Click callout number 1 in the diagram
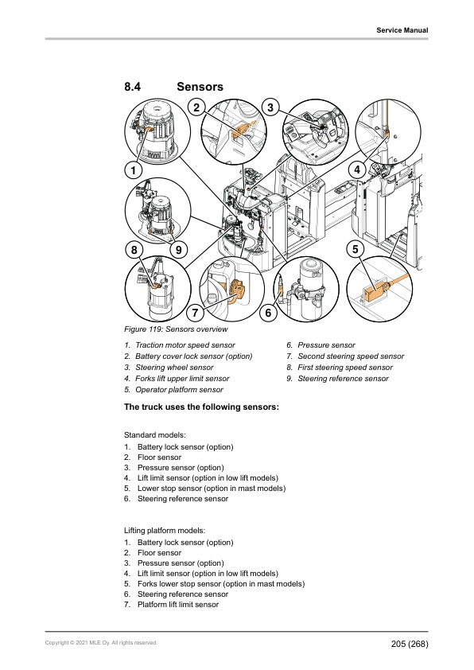tap(133, 169)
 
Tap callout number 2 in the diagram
tap(196, 107)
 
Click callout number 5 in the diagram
tap(355, 249)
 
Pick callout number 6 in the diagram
tap(268, 314)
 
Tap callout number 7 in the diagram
tap(194, 314)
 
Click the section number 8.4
tap(133, 86)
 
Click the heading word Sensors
tap(200, 86)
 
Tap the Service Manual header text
tap(402, 30)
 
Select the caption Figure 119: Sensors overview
tap(176, 329)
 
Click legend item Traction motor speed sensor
tap(185, 345)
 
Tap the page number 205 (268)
tap(410, 643)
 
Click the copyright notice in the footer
tap(101, 642)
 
